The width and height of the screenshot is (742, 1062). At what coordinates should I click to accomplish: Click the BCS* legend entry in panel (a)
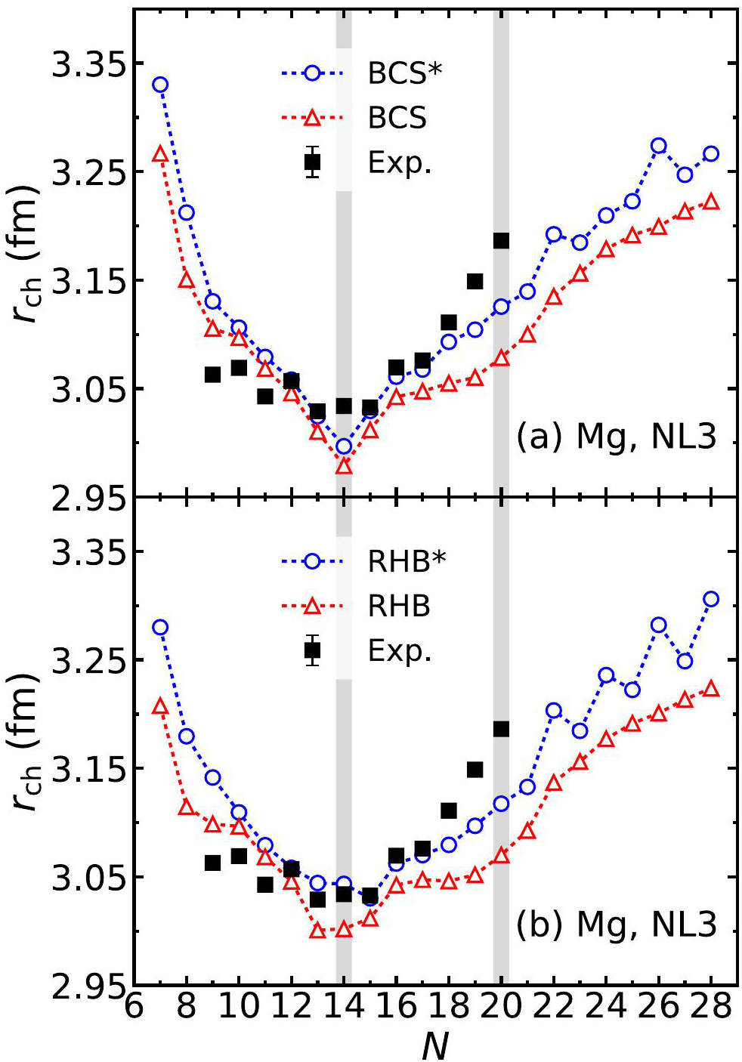tap(405, 73)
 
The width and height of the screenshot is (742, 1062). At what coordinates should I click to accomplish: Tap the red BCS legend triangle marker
tap(312, 116)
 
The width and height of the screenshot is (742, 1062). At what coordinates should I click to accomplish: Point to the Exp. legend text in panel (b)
tap(400, 651)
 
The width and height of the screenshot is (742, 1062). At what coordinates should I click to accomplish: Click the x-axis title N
tap(435, 1045)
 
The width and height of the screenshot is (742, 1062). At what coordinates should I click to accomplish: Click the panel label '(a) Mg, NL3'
tap(616, 437)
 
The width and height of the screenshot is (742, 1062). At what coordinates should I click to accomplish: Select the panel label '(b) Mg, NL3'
tap(616, 924)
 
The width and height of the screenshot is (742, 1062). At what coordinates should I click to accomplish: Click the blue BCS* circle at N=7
tap(160, 85)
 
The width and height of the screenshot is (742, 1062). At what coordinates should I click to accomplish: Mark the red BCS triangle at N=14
tap(344, 467)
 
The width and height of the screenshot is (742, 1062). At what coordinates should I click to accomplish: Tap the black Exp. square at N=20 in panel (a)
tap(501, 240)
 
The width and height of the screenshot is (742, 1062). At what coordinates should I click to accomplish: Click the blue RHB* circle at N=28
tap(710, 599)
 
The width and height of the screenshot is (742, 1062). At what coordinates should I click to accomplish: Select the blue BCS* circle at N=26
tap(658, 146)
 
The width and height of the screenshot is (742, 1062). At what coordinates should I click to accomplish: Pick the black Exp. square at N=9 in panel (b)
tap(212, 863)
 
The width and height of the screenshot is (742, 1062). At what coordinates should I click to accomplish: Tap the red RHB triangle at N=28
tap(710, 689)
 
